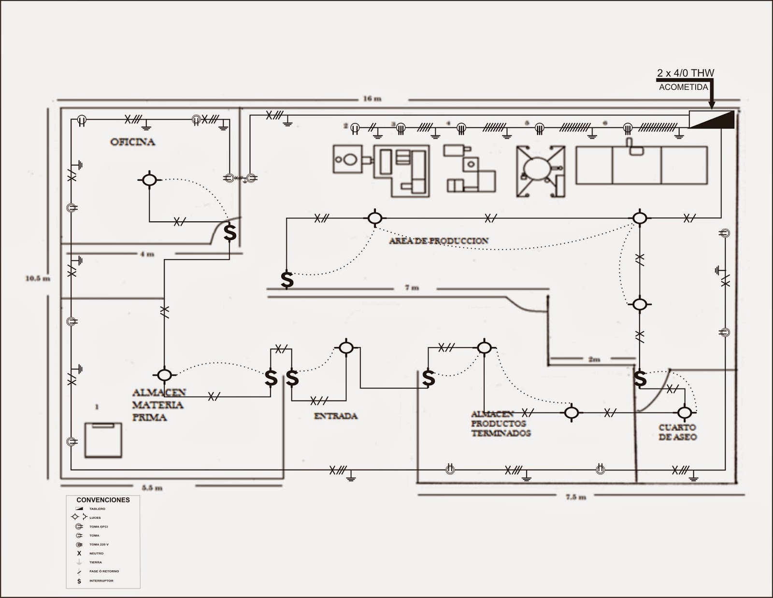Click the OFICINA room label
coord(132,142)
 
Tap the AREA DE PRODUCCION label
coord(439,241)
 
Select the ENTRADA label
coord(336,416)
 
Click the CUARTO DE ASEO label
coord(677,432)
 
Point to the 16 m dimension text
coord(372,99)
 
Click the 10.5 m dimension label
coord(38,278)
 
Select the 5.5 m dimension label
coord(152,488)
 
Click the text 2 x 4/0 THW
coord(685,73)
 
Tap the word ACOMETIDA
coord(684,87)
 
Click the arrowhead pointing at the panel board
coord(711,104)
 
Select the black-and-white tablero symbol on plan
coord(711,119)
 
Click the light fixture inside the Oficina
coord(150,180)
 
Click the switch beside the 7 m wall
coord(287,279)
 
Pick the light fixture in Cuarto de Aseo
coord(684,413)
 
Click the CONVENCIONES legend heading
coord(103,500)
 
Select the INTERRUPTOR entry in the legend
coord(100,581)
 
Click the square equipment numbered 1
coord(103,440)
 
